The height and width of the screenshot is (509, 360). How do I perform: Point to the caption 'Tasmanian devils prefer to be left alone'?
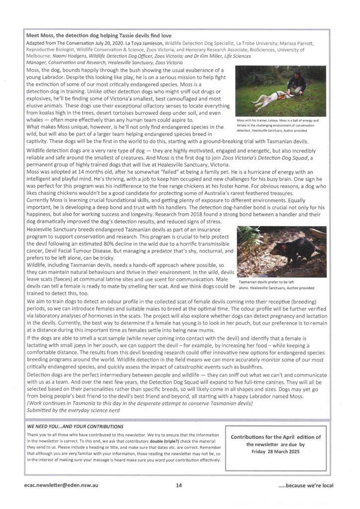[x=276, y=284]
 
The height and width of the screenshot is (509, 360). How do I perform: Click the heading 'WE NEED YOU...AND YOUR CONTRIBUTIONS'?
[x=76, y=426]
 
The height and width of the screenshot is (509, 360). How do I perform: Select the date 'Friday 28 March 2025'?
[x=276, y=451]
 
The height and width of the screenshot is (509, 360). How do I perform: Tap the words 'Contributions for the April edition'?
[x=276, y=437]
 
